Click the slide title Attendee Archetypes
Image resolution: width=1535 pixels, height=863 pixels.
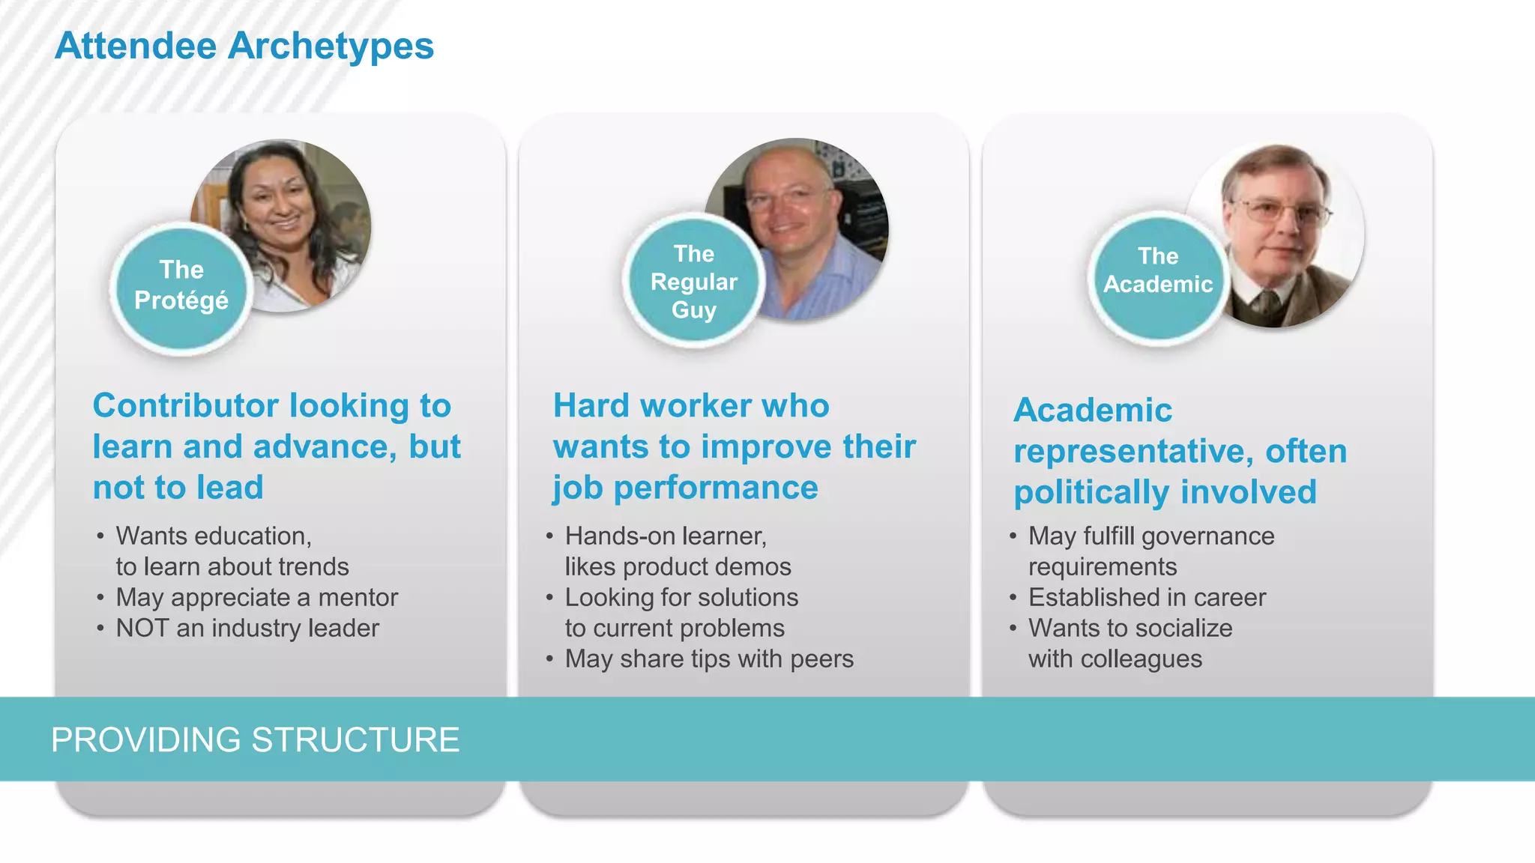[244, 46]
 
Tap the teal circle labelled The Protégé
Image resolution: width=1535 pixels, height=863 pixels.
[181, 286]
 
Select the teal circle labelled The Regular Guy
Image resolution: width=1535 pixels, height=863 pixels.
[693, 282]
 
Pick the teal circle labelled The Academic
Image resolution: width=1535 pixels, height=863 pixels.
[1158, 271]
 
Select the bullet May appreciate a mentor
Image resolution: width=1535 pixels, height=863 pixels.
[256, 598]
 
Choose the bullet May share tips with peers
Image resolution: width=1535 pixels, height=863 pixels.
[709, 659]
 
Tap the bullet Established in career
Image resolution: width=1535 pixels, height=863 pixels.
[1147, 598]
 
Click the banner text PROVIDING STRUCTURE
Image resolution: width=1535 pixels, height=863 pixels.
[255, 740]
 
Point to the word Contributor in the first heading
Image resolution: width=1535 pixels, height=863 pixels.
[186, 406]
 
